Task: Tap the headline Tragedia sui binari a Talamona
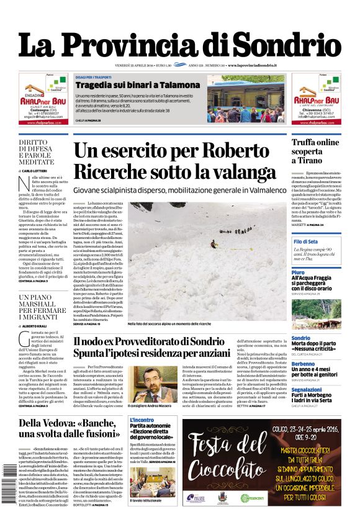[137, 84]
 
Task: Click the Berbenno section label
[303, 364]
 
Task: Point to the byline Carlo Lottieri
[38, 169]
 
